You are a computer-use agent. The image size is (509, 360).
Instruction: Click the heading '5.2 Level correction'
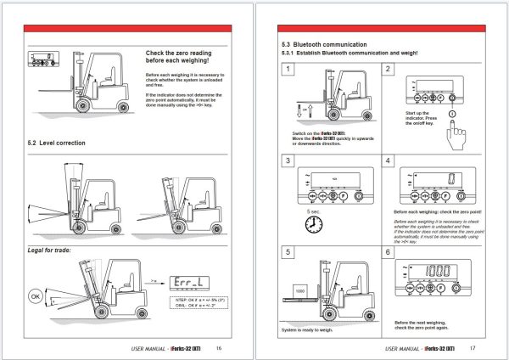pyautogui.click(x=58, y=142)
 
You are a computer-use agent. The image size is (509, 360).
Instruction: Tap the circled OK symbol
pyautogui.click(x=36, y=296)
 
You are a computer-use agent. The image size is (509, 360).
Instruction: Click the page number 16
pyautogui.click(x=219, y=348)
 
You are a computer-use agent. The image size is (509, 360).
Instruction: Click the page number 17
pyautogui.click(x=473, y=348)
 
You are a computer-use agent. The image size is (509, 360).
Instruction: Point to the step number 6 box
pyautogui.click(x=388, y=252)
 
